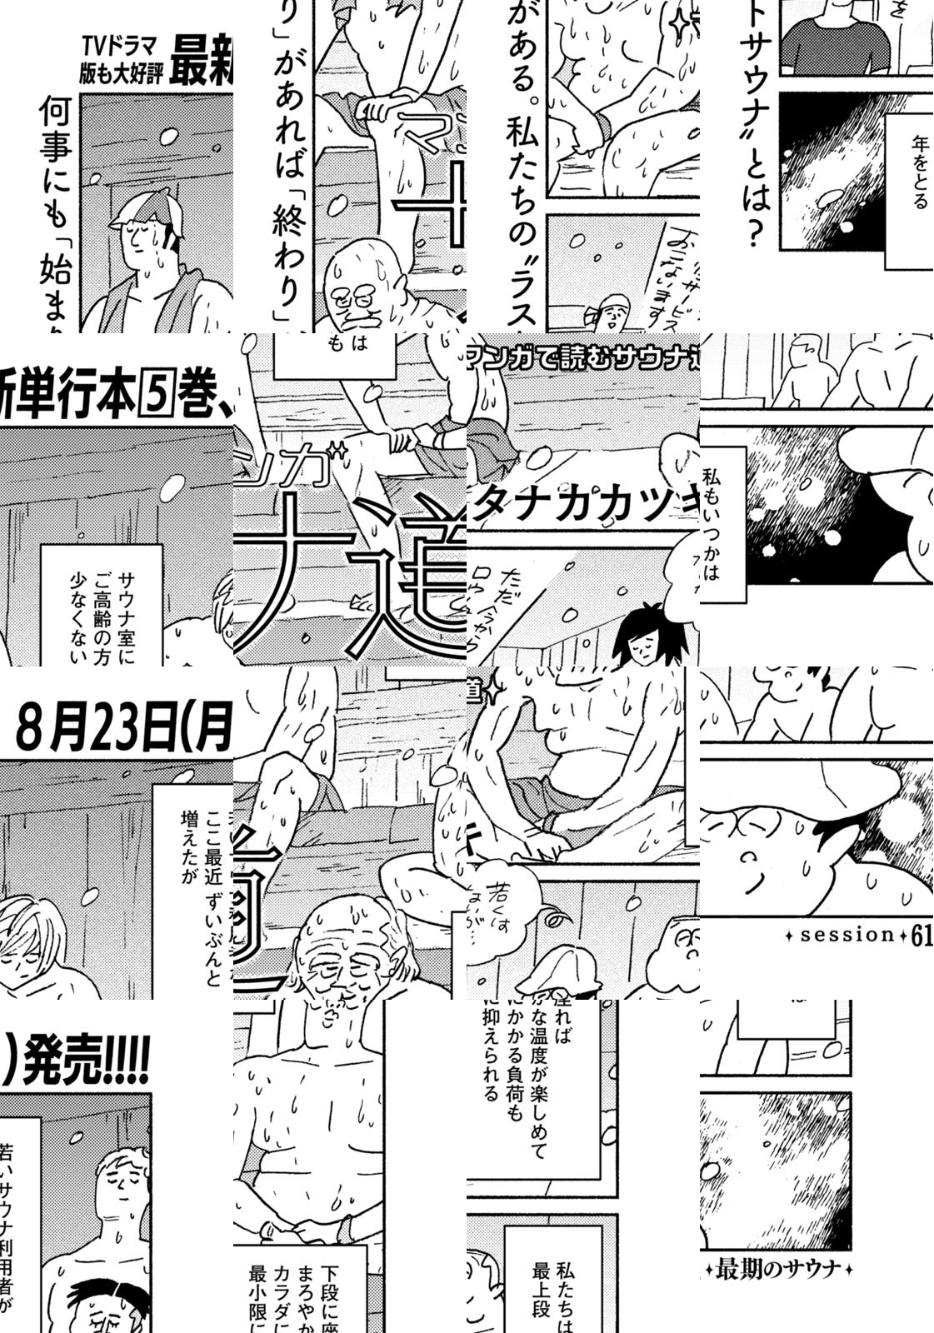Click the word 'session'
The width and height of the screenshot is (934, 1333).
pyautogui.click(x=847, y=935)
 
